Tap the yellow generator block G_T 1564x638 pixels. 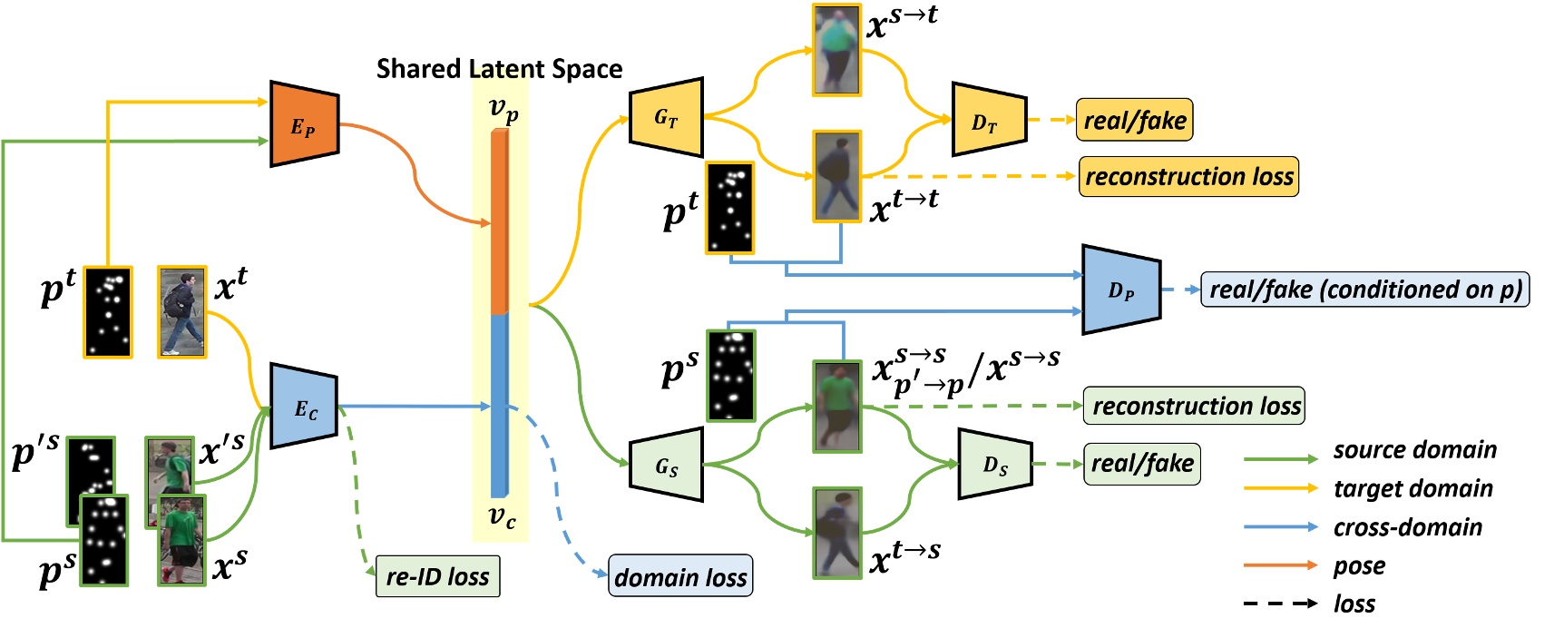tap(667, 118)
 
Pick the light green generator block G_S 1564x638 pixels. tap(667, 466)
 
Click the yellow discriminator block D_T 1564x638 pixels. tap(988, 120)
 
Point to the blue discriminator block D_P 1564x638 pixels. tap(1121, 290)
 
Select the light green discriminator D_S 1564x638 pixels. tap(994, 465)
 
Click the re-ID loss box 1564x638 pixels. tap(437, 576)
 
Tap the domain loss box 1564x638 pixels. tap(680, 576)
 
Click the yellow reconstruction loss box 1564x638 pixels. tap(1188, 176)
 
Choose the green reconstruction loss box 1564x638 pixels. tap(1195, 406)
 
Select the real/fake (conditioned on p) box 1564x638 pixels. tap(1364, 290)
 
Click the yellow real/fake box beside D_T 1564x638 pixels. tap(1134, 121)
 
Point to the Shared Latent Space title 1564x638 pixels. tap(499, 69)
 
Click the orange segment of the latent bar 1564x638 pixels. tap(500, 222)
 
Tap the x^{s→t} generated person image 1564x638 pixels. tap(836, 50)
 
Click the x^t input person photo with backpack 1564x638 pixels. tap(182, 312)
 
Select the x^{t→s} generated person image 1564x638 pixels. tap(836, 532)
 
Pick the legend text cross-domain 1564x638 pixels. tap(1407, 527)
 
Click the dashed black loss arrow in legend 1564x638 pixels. tap(1280, 604)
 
